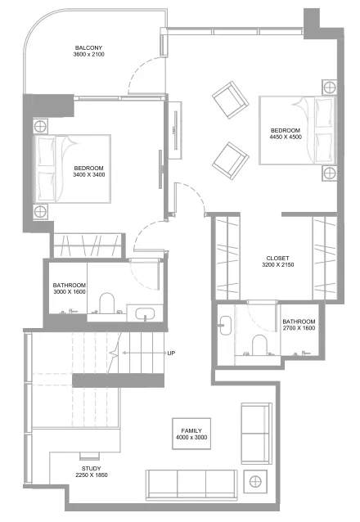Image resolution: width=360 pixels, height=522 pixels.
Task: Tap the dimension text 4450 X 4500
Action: click(x=285, y=137)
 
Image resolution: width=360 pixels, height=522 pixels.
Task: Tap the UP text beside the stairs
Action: click(x=171, y=353)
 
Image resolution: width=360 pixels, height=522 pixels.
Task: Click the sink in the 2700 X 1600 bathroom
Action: click(x=224, y=326)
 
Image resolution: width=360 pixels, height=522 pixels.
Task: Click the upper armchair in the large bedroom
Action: click(x=229, y=98)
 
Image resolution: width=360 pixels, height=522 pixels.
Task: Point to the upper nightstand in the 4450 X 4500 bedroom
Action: click(x=328, y=86)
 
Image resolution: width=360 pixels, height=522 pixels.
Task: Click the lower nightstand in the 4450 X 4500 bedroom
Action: click(x=328, y=173)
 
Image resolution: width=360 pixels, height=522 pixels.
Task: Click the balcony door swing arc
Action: click(x=141, y=80)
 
